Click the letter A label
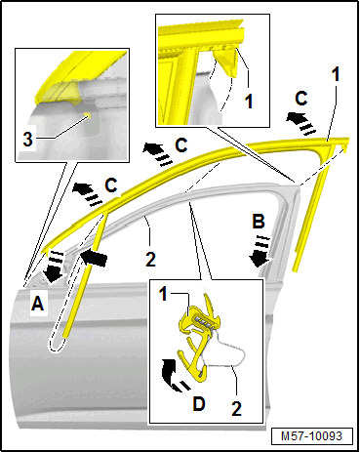37,305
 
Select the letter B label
259,222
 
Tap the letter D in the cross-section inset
199,404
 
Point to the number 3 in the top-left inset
28,140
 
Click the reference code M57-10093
312,436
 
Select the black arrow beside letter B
261,251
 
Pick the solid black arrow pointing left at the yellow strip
94,258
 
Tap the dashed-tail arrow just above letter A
53,266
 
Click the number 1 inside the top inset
249,101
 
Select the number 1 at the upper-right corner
336,73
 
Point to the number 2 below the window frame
150,260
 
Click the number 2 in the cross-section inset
236,408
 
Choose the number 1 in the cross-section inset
164,295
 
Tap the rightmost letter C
301,99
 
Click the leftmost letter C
111,185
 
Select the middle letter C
181,145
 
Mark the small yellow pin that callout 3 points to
87,114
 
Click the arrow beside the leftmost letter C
87,193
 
